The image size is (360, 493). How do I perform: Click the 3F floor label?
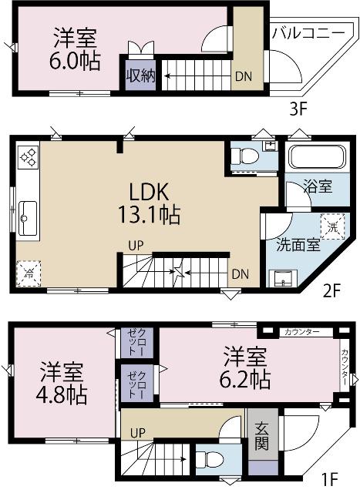coord(298,109)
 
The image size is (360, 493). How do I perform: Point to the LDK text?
coord(149,190)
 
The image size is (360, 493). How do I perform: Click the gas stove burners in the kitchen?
coord(29,157)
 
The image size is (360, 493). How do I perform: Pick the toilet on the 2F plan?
coord(247,155)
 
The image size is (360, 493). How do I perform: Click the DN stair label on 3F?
coord(242,75)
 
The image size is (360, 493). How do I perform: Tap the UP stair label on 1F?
coord(138,433)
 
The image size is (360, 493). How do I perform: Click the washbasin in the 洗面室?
coord(279,278)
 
